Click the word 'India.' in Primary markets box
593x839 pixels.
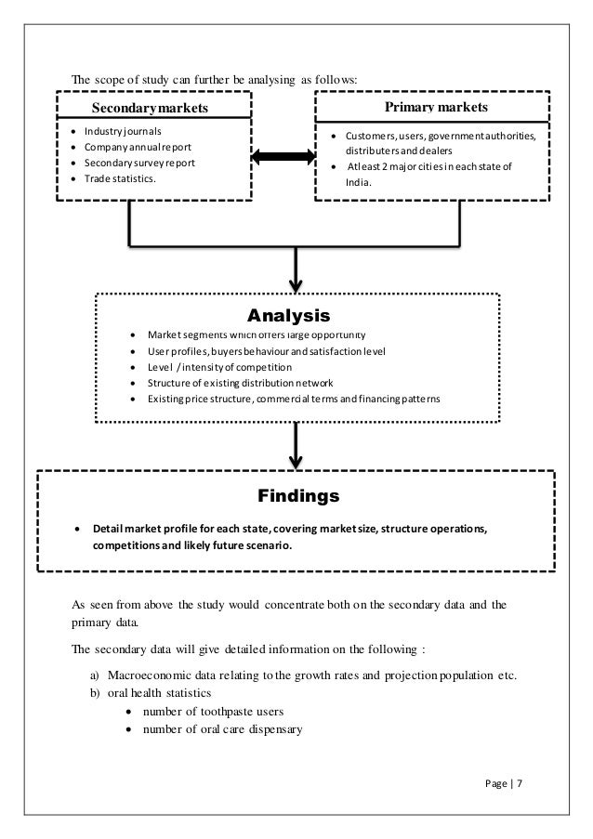tap(358, 183)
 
